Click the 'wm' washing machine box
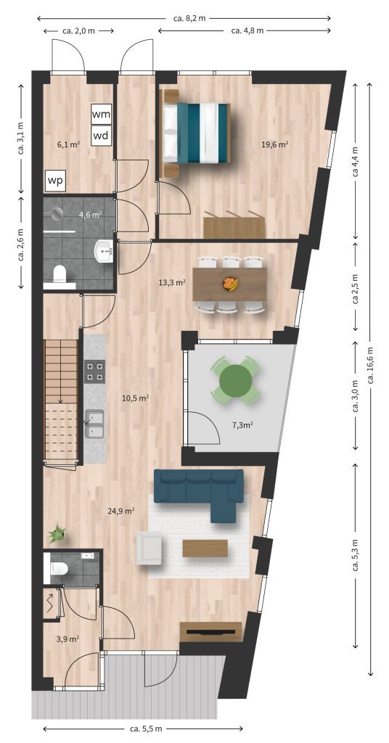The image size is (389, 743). [x=102, y=114]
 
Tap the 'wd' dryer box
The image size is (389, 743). [x=102, y=136]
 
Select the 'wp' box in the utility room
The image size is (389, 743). [x=56, y=181]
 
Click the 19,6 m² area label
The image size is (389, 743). [x=275, y=145]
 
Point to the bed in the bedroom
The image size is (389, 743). [x=195, y=134]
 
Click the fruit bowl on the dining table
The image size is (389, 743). [x=230, y=284]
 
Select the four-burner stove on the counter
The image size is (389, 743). [x=94, y=371]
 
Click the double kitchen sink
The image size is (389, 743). [x=94, y=424]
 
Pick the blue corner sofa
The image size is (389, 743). [x=200, y=493]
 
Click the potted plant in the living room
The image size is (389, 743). [x=57, y=533]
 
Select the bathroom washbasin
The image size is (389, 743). [x=104, y=250]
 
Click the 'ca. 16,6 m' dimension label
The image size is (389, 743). [x=371, y=366]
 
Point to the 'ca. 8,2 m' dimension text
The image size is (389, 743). [x=189, y=18]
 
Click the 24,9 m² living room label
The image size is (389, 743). [x=121, y=510]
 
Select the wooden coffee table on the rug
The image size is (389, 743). [x=205, y=549]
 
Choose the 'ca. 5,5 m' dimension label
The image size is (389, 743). [x=145, y=728]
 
